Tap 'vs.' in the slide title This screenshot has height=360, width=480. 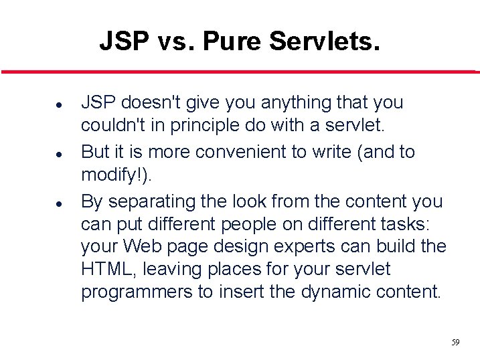click(177, 41)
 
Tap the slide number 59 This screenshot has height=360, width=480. click(455, 343)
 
